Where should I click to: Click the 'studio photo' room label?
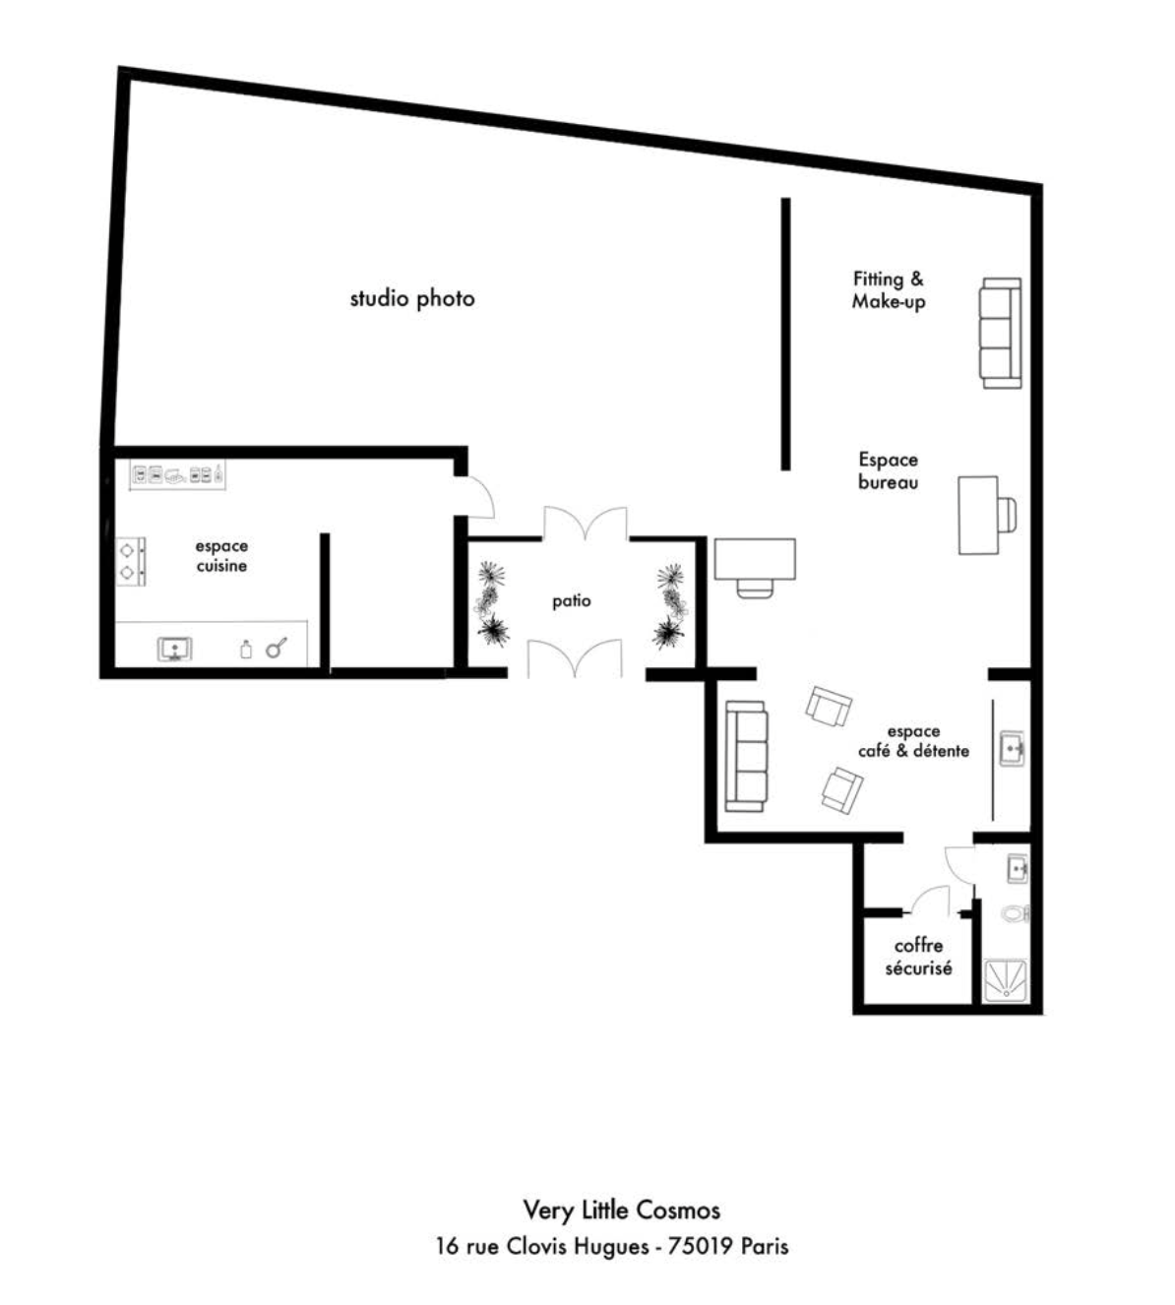click(x=412, y=298)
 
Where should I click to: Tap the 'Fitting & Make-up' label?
click(x=889, y=290)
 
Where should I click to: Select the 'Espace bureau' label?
click(x=888, y=470)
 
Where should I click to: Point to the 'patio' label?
click(x=572, y=601)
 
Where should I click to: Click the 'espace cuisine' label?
click(x=221, y=556)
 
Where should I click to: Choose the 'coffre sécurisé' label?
click(x=919, y=957)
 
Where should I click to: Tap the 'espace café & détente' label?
click(x=913, y=741)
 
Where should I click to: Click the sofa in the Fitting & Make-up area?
click(x=1001, y=333)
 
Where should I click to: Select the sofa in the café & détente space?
click(x=746, y=756)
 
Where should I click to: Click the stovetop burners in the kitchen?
click(x=131, y=561)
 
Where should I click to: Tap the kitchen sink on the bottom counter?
click(x=175, y=650)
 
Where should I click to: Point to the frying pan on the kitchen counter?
click(x=277, y=648)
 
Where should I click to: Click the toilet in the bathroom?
click(x=1016, y=914)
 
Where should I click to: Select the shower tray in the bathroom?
click(x=1006, y=981)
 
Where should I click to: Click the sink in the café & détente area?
click(x=1013, y=749)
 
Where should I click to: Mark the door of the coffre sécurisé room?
click(x=930, y=900)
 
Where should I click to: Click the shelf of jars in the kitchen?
click(x=177, y=475)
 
